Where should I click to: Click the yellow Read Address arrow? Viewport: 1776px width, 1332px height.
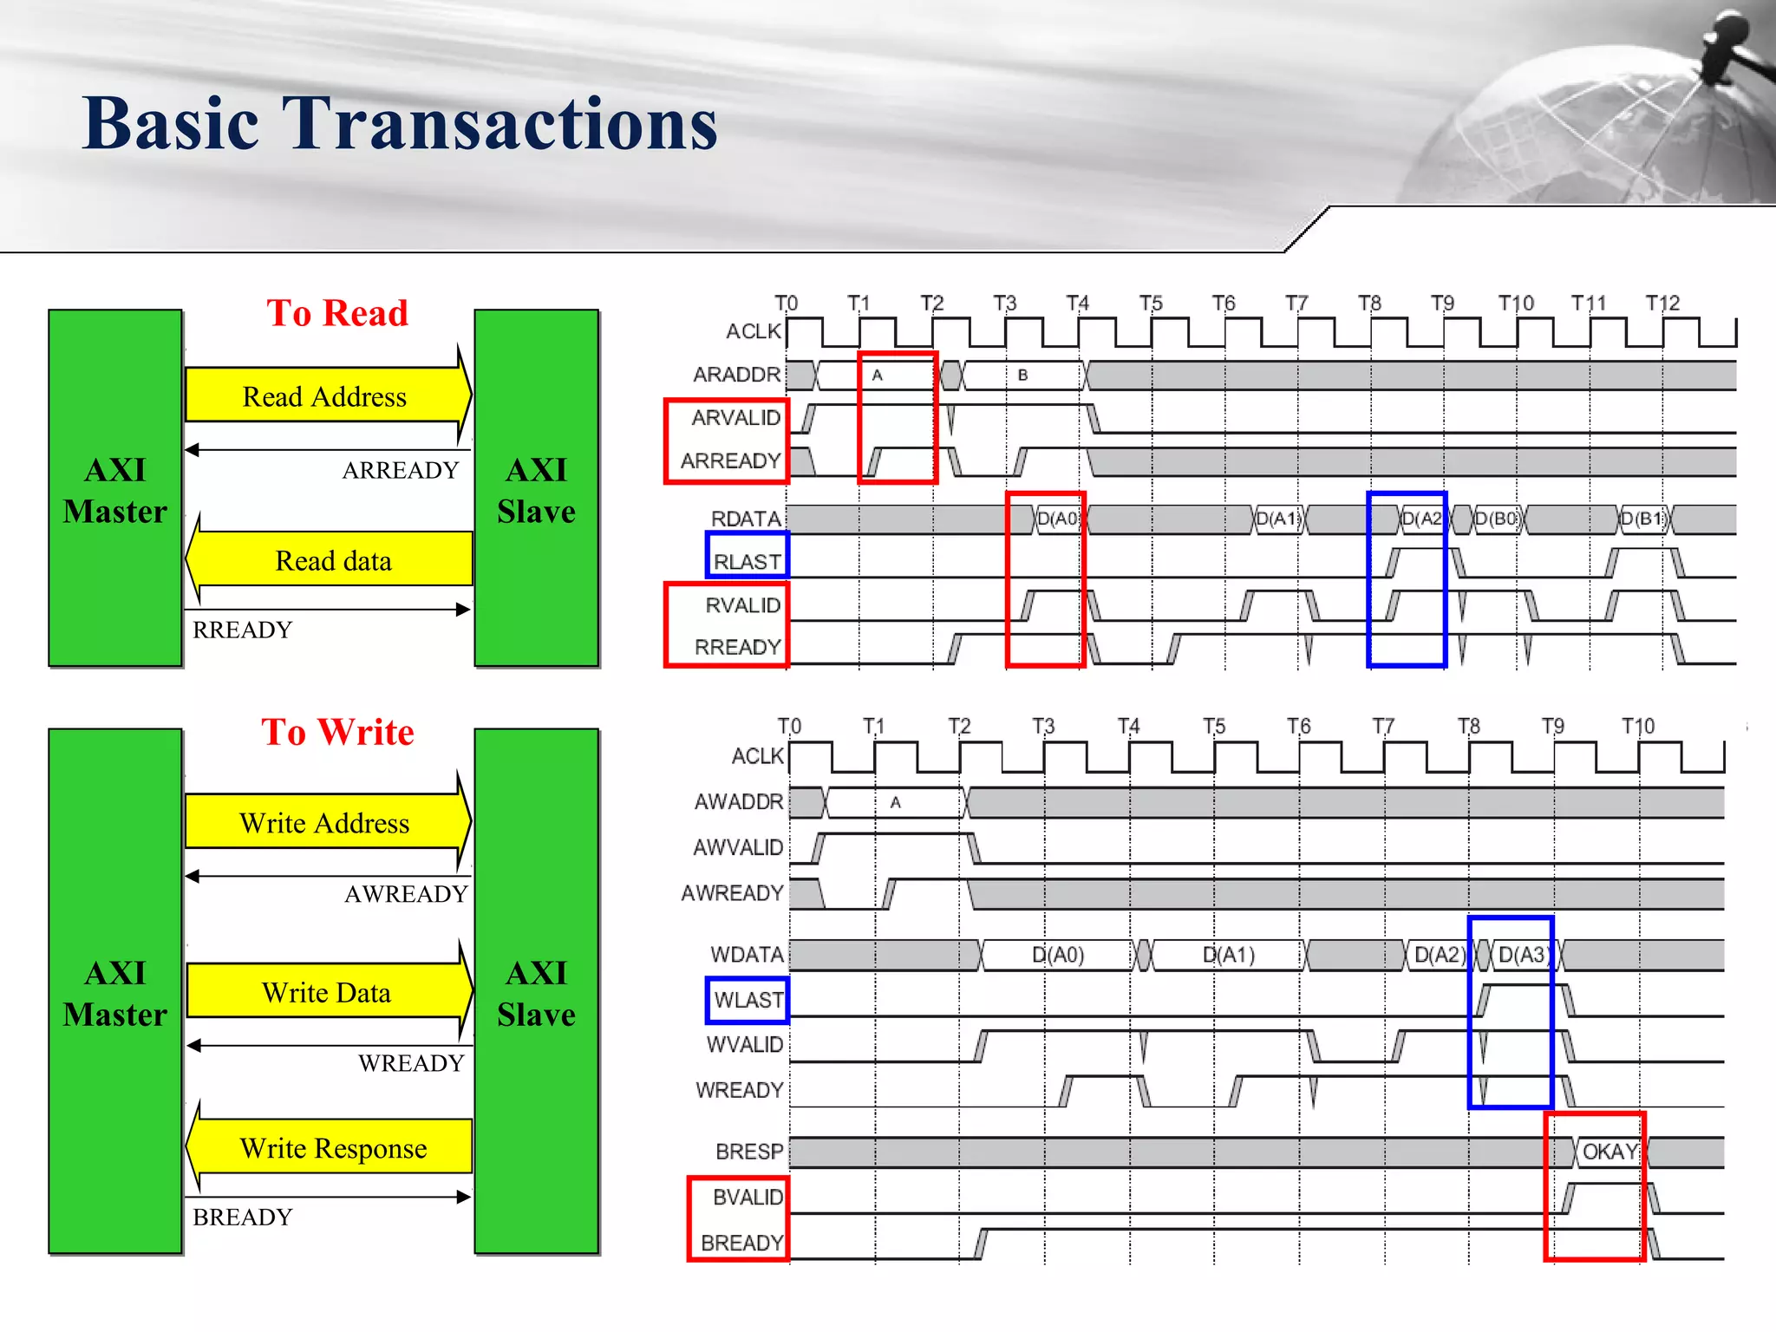tap(325, 396)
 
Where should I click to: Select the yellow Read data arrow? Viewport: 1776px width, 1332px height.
tap(333, 560)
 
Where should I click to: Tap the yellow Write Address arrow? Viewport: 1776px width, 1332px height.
tap(325, 822)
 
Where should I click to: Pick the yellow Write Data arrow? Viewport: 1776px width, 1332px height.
tap(327, 992)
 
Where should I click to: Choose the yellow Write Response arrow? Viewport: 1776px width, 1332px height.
tap(333, 1147)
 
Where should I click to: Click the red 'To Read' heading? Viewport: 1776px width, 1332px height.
tap(337, 313)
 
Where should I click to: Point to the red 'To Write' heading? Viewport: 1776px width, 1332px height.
tap(337, 732)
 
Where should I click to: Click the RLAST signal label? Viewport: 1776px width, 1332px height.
tap(747, 561)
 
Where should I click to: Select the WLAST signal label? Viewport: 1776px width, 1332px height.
tap(748, 1000)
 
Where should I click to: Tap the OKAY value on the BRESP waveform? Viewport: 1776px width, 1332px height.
tap(1609, 1152)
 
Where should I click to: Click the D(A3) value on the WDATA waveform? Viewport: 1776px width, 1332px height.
tap(1523, 955)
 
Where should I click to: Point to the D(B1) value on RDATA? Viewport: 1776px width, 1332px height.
tap(1644, 519)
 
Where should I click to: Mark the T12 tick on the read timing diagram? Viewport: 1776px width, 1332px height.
tap(1662, 304)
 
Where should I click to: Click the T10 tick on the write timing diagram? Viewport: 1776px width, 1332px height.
tap(1638, 726)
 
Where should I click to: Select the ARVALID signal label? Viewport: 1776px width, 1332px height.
tap(735, 417)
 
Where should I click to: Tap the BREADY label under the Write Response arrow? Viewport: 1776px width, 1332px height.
tap(243, 1217)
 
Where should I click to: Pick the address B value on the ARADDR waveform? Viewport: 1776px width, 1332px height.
tap(1022, 375)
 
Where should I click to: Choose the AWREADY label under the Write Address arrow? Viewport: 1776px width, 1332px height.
tap(406, 893)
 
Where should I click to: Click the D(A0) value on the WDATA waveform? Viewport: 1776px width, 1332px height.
tap(1058, 955)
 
